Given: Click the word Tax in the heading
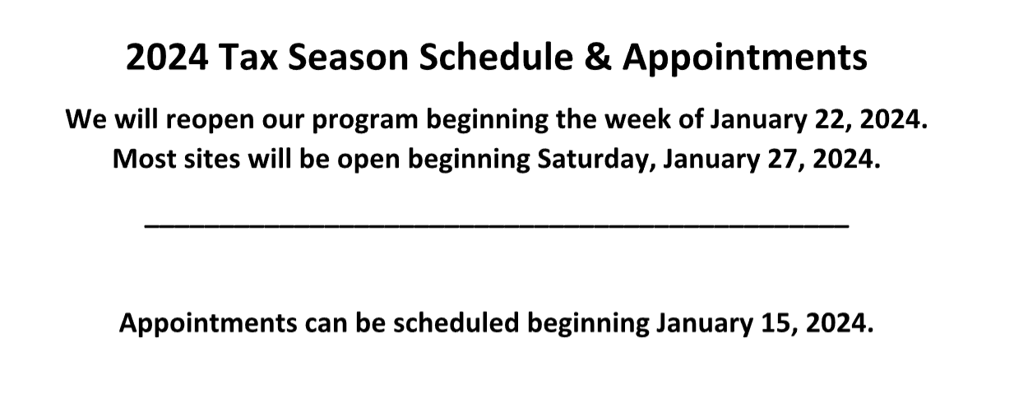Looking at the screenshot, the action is [248, 58].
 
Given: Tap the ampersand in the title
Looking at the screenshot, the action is [598, 58].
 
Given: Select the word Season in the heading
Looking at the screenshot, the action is [348, 58].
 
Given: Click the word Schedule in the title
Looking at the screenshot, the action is [496, 58].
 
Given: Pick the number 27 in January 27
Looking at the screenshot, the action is [781, 159].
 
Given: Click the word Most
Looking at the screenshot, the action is [145, 159].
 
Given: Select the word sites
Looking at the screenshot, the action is [212, 159].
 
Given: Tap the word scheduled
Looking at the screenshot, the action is [456, 322].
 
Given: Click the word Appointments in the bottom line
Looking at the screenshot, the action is [208, 324].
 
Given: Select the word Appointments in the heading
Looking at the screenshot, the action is [744, 58].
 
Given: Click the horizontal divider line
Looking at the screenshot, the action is [497, 226].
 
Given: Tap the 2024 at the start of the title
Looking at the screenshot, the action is [167, 58].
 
